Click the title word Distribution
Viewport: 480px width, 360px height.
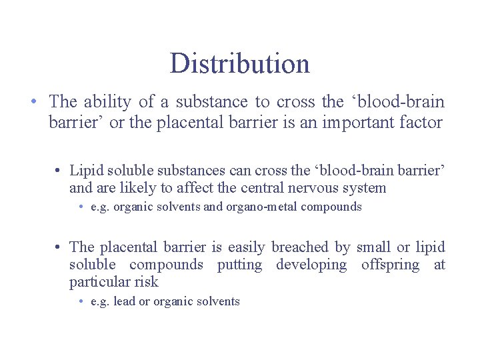(x=239, y=63)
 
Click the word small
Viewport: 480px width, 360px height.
(x=373, y=247)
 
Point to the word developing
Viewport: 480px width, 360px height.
(x=311, y=265)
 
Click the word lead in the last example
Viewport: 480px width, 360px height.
(x=124, y=301)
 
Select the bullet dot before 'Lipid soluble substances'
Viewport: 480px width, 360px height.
(x=59, y=171)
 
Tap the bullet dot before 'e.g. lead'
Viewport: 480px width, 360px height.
(x=80, y=302)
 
